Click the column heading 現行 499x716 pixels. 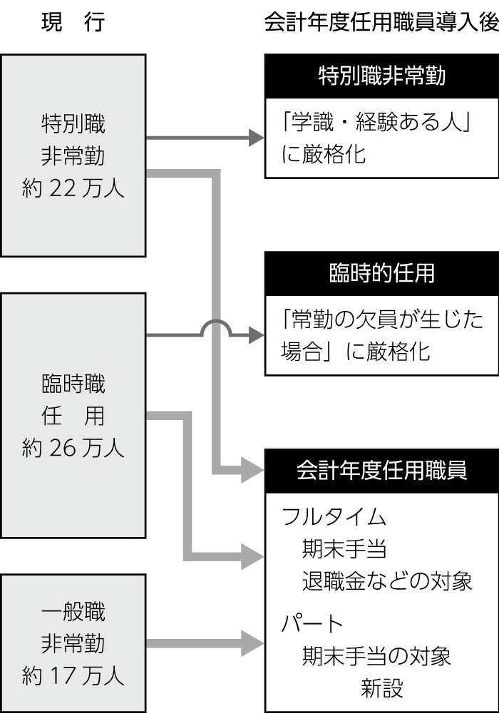click(73, 23)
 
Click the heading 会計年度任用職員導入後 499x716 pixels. click(381, 23)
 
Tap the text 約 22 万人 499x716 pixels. click(73, 189)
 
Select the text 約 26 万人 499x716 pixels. click(73, 448)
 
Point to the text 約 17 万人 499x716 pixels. click(73, 675)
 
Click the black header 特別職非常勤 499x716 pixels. click(381, 76)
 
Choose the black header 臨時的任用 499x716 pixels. click(381, 273)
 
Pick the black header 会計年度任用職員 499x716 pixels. click(381, 471)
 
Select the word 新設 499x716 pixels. click(381, 687)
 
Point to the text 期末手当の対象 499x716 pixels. click(376, 655)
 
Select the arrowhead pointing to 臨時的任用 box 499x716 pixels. click(256, 335)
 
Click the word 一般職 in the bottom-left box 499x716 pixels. click(73, 612)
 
